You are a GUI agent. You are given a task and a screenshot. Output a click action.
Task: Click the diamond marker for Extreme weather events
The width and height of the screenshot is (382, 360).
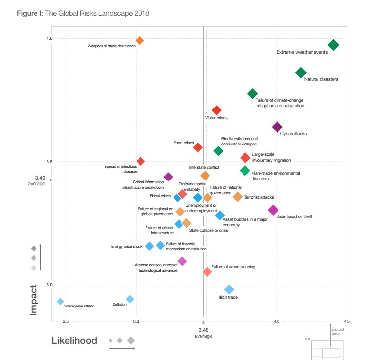[333, 45]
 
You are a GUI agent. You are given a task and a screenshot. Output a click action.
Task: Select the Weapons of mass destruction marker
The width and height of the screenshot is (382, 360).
[139, 41]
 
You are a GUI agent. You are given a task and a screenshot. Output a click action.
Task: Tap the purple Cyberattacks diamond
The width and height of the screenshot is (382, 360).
[278, 127]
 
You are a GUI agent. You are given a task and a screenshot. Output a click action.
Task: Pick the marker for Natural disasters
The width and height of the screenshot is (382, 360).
[301, 73]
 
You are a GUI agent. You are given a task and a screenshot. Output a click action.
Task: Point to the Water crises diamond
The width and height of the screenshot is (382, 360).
[216, 110]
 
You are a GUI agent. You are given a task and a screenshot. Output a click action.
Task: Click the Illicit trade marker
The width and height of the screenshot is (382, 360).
[229, 289]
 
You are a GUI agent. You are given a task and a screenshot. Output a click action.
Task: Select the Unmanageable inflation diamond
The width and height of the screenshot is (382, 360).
[60, 301]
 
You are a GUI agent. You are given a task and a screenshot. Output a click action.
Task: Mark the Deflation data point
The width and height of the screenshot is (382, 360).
[130, 299]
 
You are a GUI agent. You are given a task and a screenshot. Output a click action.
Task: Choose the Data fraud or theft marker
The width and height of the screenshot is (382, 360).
[273, 210]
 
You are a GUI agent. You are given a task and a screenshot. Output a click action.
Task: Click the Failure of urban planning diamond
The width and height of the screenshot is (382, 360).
[207, 272]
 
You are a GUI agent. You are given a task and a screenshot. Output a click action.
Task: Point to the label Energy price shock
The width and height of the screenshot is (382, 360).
[127, 246]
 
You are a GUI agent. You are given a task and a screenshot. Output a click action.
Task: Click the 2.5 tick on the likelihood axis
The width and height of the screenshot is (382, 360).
[65, 322]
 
